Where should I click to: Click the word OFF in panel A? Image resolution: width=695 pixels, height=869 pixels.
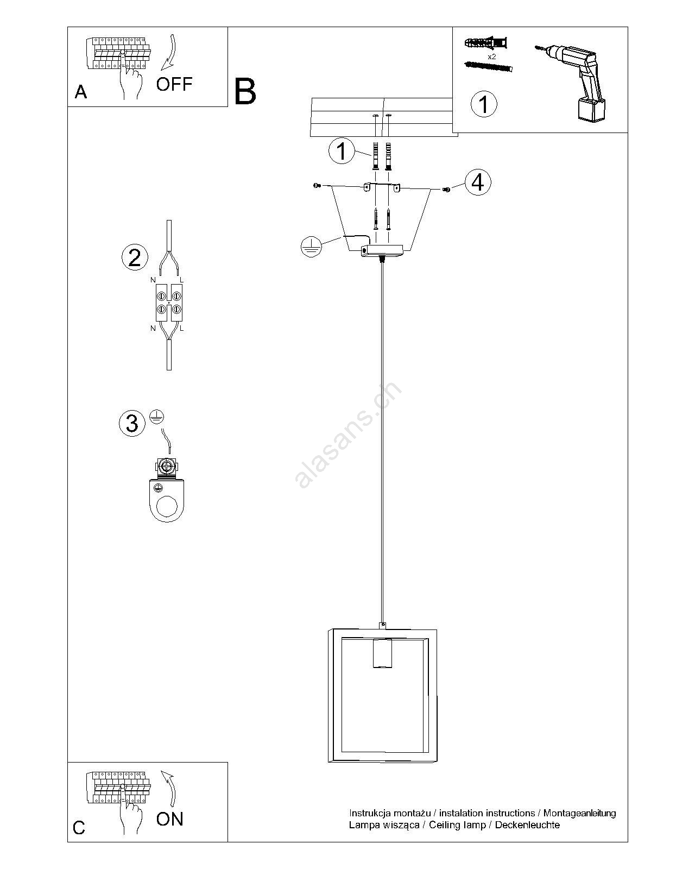click(x=174, y=84)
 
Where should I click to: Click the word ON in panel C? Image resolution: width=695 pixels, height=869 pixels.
click(x=169, y=818)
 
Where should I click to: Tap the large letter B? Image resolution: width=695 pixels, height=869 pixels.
click(x=245, y=92)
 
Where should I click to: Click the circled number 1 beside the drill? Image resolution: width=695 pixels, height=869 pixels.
click(x=484, y=104)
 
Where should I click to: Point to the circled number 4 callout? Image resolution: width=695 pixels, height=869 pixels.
click(x=478, y=182)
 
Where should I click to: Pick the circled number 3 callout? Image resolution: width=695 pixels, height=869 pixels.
click(x=132, y=423)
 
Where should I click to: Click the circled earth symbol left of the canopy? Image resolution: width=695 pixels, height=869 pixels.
click(x=311, y=247)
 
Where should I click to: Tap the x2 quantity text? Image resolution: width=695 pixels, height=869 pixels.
click(x=491, y=56)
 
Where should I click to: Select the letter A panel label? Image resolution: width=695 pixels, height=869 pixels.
click(x=81, y=92)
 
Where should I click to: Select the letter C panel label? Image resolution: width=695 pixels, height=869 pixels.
click(x=79, y=828)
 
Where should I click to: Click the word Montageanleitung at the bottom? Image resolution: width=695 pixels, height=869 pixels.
click(x=579, y=813)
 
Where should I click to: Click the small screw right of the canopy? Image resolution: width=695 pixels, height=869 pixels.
click(x=446, y=190)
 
